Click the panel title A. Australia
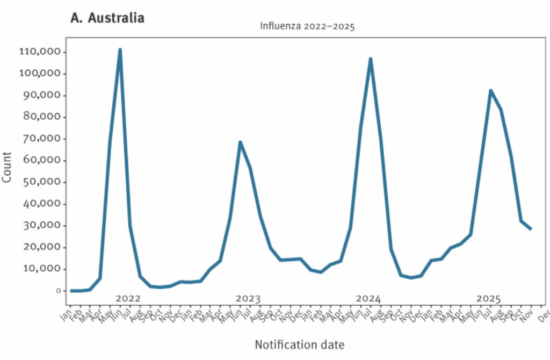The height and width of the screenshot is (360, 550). (x=107, y=18)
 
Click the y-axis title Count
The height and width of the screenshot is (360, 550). (x=8, y=167)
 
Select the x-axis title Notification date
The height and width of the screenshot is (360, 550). (x=299, y=344)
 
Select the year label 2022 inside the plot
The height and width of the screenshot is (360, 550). (x=128, y=299)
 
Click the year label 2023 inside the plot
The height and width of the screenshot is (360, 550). (x=248, y=299)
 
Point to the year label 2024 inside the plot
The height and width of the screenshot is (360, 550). (x=368, y=299)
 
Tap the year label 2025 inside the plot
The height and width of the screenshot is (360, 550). (x=489, y=299)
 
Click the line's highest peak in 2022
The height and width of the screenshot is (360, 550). (x=120, y=49)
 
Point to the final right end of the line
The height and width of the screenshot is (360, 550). (x=531, y=229)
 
